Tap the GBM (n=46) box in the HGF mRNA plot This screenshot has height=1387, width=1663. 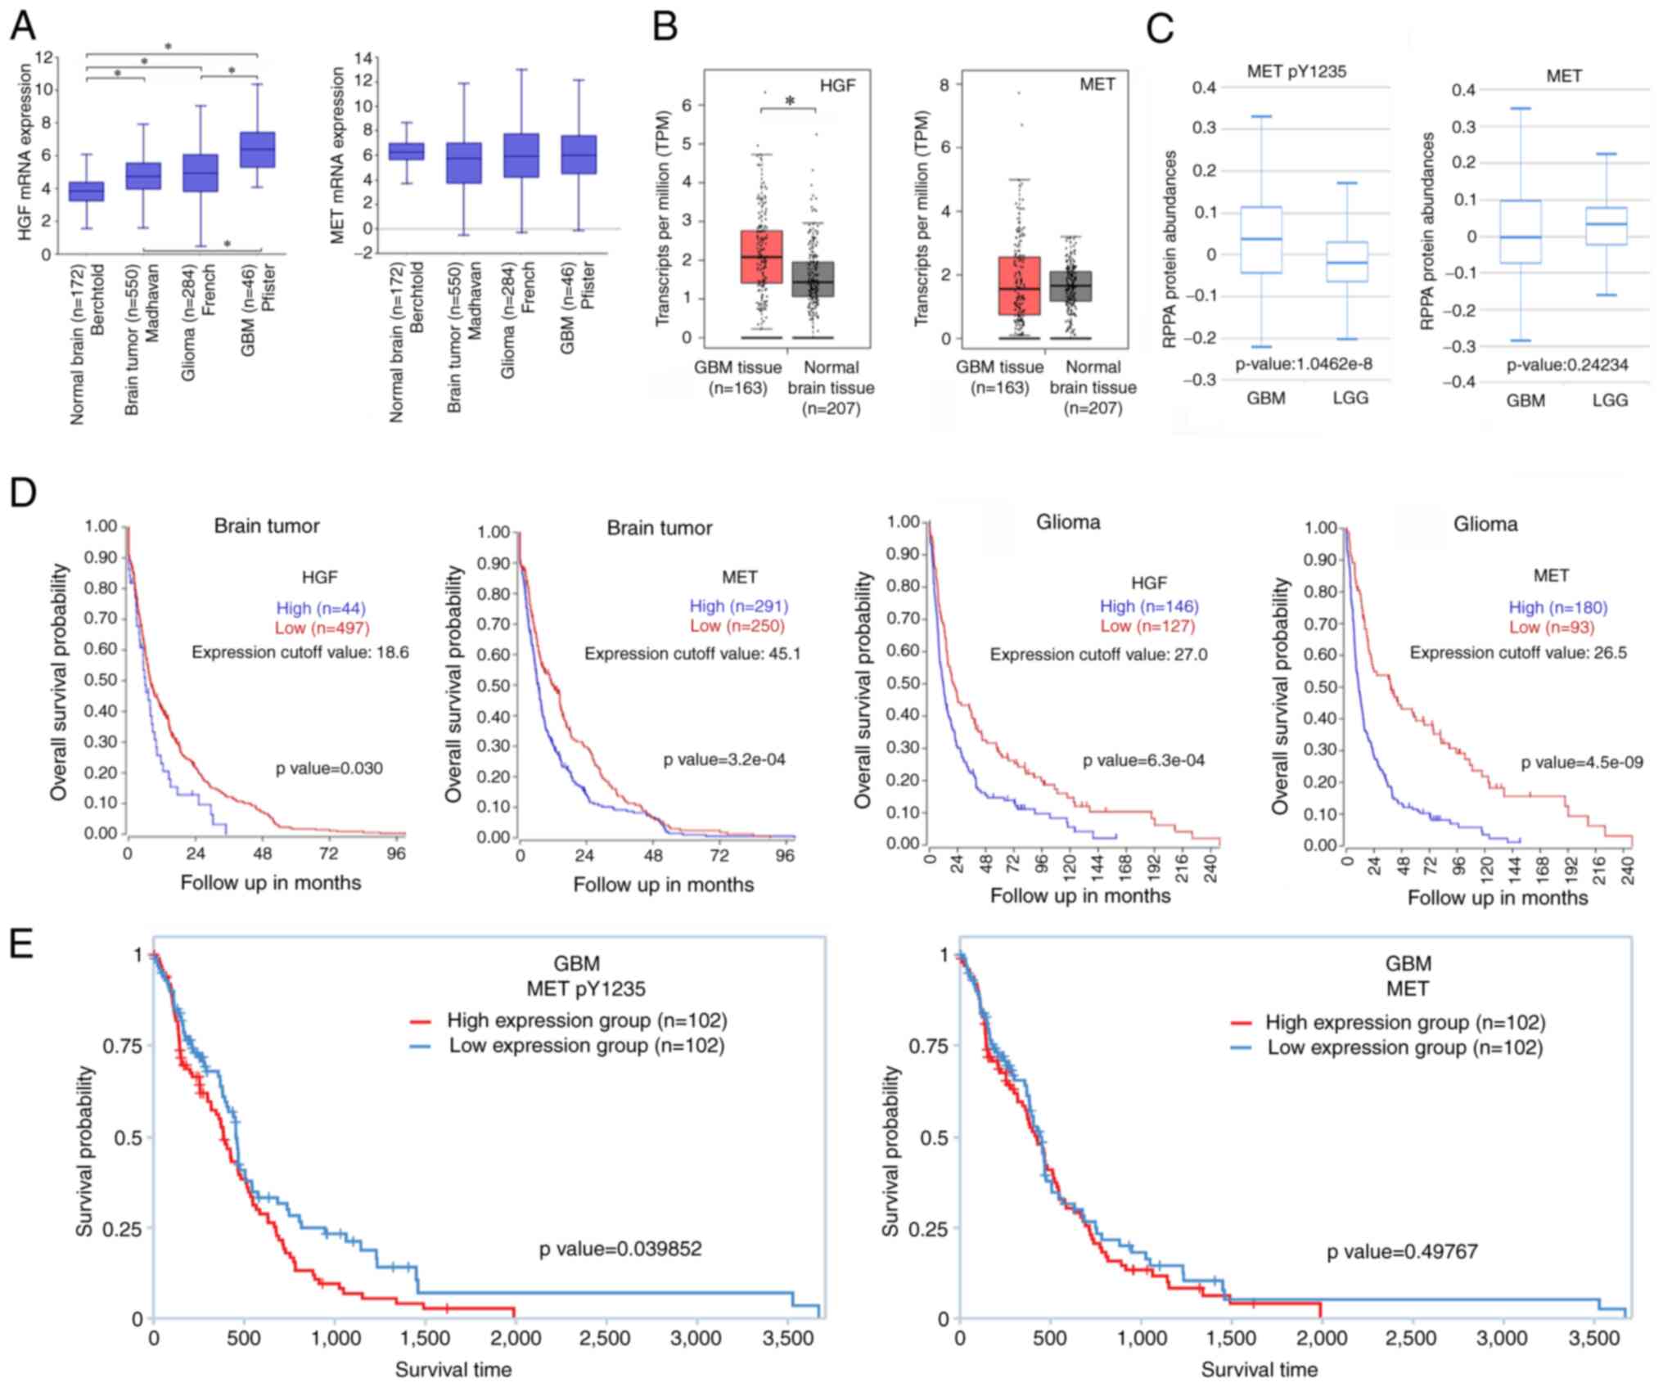tap(257, 150)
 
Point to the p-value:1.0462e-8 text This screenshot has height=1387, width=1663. tap(1303, 364)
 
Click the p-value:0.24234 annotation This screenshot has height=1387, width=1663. tap(1567, 365)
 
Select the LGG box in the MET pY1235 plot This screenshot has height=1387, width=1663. tap(1346, 262)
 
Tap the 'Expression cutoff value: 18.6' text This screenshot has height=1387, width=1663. tap(300, 652)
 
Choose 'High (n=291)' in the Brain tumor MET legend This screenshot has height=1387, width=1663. tap(738, 606)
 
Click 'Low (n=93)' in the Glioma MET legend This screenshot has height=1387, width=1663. tap(1551, 627)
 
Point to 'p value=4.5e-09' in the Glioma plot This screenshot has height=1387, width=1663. tap(1581, 763)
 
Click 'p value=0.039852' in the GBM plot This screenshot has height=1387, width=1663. tap(620, 1249)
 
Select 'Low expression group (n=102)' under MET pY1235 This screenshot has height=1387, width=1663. tap(586, 1046)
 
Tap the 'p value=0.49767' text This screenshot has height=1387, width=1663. tap(1402, 1251)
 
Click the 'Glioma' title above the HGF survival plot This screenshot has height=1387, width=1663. tap(1068, 522)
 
